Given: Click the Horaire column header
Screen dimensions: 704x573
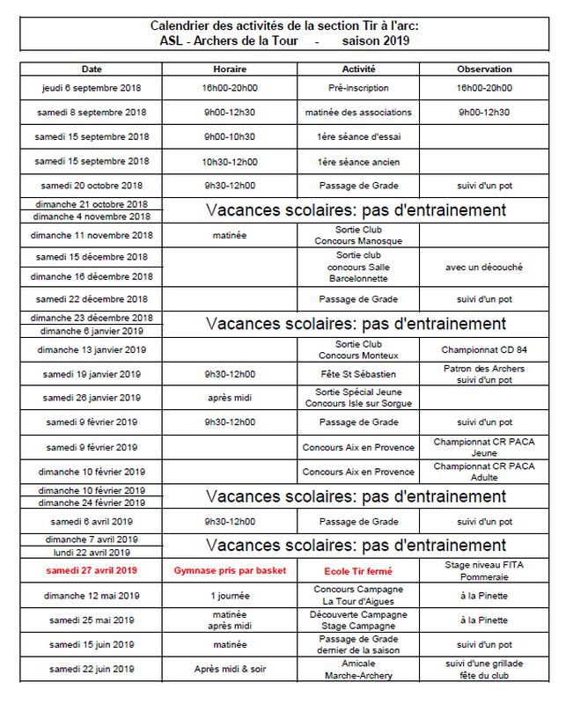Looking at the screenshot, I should [x=230, y=69].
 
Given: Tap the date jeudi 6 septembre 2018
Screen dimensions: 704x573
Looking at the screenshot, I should [x=92, y=88].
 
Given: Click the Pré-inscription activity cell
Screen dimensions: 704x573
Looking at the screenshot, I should [x=357, y=88].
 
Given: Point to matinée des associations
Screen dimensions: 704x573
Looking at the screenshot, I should [x=357, y=113].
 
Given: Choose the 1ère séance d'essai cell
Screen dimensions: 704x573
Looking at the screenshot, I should [x=357, y=137].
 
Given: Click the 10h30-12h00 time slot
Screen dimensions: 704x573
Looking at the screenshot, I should [x=230, y=162].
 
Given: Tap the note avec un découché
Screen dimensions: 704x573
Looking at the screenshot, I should [x=484, y=268].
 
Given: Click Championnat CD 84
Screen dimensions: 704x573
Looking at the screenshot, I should [x=484, y=349].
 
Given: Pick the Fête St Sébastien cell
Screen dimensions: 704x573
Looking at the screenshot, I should [x=357, y=374].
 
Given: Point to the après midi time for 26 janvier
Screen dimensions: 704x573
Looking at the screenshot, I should [x=230, y=398].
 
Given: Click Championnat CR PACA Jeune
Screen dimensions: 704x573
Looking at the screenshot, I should [x=484, y=447].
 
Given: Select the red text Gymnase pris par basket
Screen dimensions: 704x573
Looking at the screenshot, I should [x=230, y=570].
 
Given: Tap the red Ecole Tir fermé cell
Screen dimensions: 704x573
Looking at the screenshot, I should [x=357, y=570].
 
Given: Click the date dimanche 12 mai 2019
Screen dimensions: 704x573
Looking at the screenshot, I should [x=92, y=595].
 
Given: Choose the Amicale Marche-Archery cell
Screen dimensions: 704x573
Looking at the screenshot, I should [x=357, y=669].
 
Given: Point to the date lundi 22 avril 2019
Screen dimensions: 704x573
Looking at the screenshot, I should [x=92, y=553].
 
